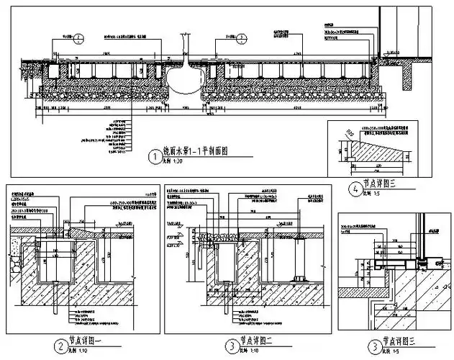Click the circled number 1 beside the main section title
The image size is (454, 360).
(153, 156)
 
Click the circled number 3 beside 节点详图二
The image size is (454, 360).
(231, 346)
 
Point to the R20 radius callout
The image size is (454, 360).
(350, 134)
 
